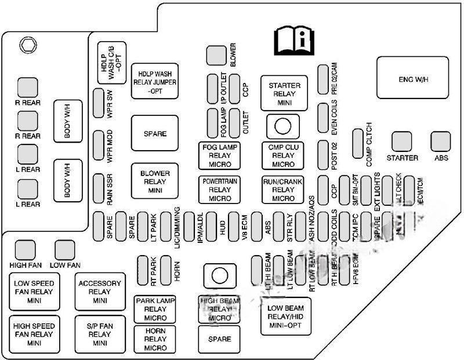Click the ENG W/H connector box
pyautogui.click(x=414, y=78)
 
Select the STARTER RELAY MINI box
pyautogui.click(x=284, y=93)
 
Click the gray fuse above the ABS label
pyautogui.click(x=441, y=141)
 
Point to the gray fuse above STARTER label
pyautogui.click(x=402, y=141)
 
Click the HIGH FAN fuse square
pyautogui.click(x=25, y=250)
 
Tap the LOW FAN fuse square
pyautogui.click(x=65, y=250)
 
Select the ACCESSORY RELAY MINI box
pyautogui.click(x=100, y=292)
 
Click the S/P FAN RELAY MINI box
pyautogui.click(x=100, y=334)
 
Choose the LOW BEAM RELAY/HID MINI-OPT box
pyautogui.click(x=287, y=317)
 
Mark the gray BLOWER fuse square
pyautogui.click(x=216, y=56)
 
